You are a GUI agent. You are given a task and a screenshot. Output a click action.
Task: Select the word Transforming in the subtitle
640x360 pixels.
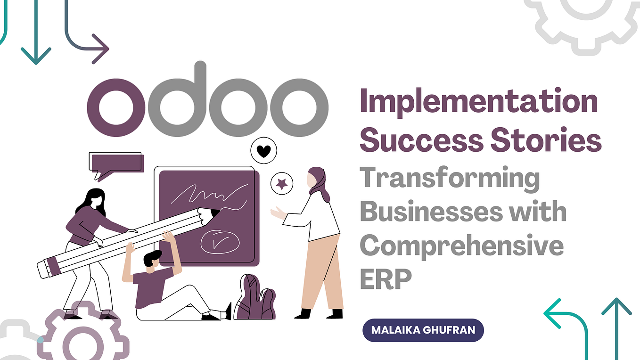pyautogui.click(x=450, y=180)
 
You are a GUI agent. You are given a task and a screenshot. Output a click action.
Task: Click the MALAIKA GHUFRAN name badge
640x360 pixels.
pyautogui.click(x=423, y=329)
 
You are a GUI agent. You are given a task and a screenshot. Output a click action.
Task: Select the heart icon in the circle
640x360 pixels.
pyautogui.click(x=263, y=151)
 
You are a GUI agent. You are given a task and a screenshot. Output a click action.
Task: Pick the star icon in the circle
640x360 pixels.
pyautogui.click(x=282, y=184)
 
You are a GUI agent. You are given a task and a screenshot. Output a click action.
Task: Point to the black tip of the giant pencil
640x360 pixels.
pyautogui.click(x=214, y=213)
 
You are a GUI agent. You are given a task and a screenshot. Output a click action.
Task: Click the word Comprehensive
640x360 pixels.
pyautogui.click(x=461, y=246)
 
